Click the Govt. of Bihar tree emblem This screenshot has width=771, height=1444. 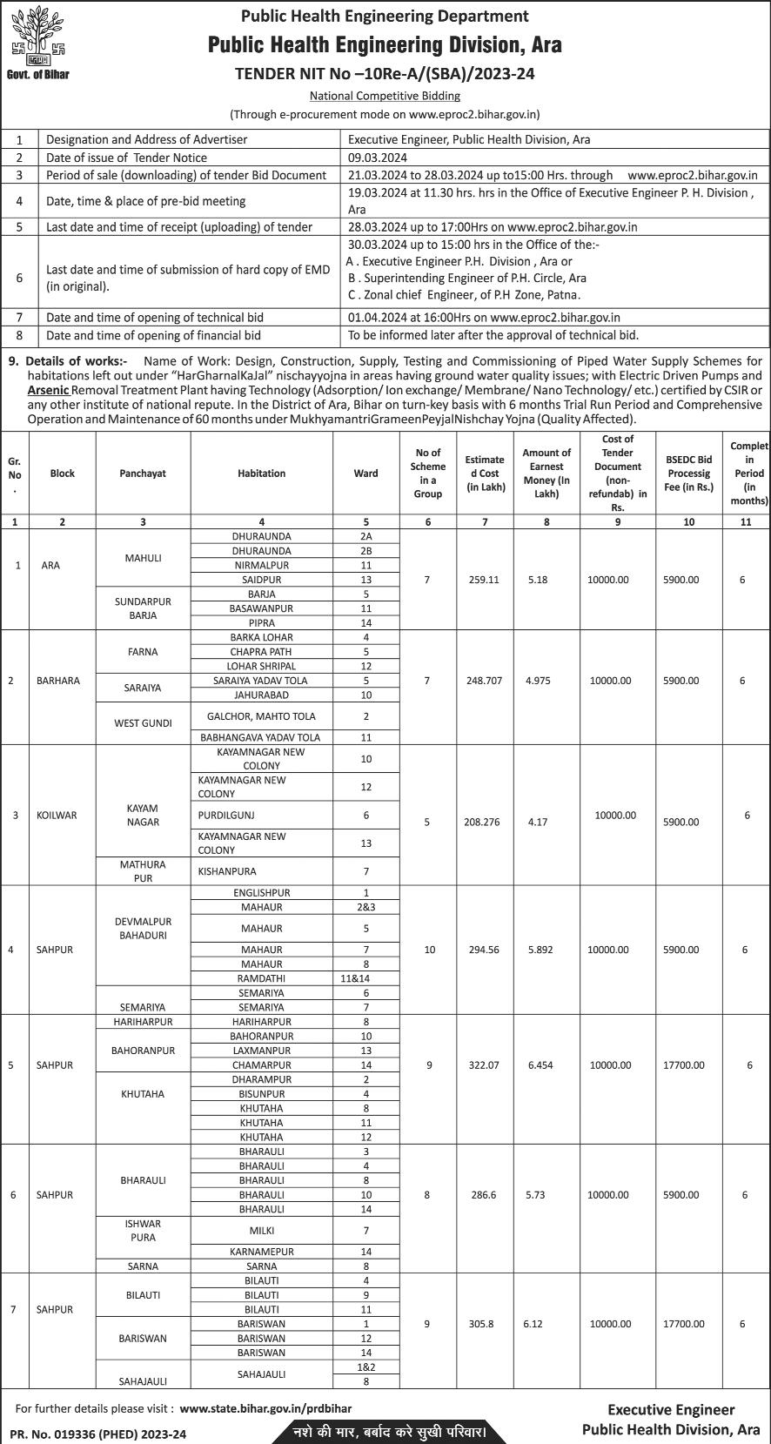tap(37, 37)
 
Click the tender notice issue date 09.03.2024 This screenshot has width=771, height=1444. tap(378, 158)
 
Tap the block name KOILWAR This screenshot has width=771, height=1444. tap(57, 816)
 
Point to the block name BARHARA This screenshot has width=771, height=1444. tap(58, 681)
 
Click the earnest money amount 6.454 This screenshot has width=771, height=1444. tap(546, 1065)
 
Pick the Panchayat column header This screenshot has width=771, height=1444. tap(143, 473)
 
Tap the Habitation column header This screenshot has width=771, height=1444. tap(261, 473)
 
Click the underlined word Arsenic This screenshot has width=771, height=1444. tap(48, 390)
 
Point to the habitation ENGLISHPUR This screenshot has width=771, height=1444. tap(261, 893)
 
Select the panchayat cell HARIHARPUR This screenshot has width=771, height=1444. tap(143, 1022)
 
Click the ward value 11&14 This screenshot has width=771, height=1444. tap(365, 978)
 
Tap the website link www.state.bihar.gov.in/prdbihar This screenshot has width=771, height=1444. tap(265, 1407)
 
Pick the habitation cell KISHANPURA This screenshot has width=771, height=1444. tap(227, 871)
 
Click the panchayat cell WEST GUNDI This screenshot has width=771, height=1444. tap(143, 723)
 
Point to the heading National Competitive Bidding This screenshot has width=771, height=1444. tap(385, 96)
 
